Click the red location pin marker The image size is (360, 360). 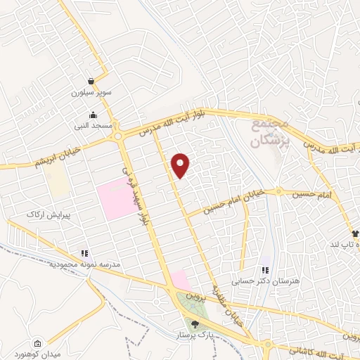point(181,164)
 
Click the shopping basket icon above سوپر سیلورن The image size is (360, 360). point(92,81)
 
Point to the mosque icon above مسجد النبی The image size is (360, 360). point(94,115)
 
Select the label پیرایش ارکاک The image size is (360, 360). point(45,214)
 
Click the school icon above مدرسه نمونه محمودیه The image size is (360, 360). point(84,252)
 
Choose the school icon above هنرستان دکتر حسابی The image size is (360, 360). point(265,270)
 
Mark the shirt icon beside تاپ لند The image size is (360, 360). point(356,234)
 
